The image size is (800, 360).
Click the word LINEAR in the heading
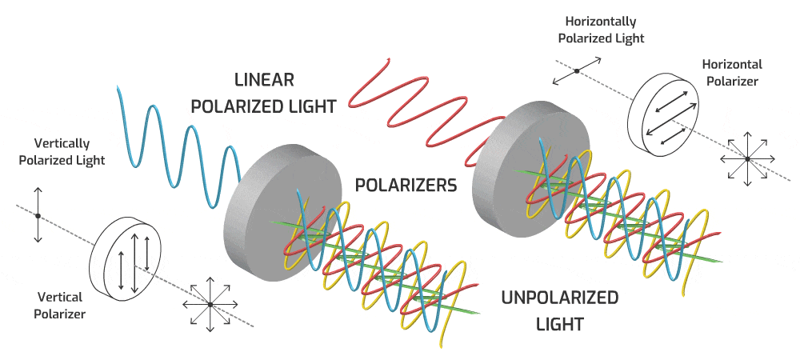click(x=265, y=80)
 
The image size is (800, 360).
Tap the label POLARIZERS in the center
click(x=406, y=185)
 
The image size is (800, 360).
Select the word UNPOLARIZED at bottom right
click(x=559, y=298)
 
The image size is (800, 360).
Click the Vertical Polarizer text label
click(x=59, y=306)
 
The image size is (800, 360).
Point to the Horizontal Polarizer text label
click(x=732, y=72)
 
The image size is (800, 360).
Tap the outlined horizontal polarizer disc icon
click(x=666, y=112)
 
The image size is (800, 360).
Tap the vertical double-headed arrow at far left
click(x=38, y=215)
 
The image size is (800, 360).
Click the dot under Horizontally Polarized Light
click(x=575, y=71)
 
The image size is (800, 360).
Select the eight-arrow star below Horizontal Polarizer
click(x=747, y=158)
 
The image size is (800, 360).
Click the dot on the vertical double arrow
click(x=38, y=215)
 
